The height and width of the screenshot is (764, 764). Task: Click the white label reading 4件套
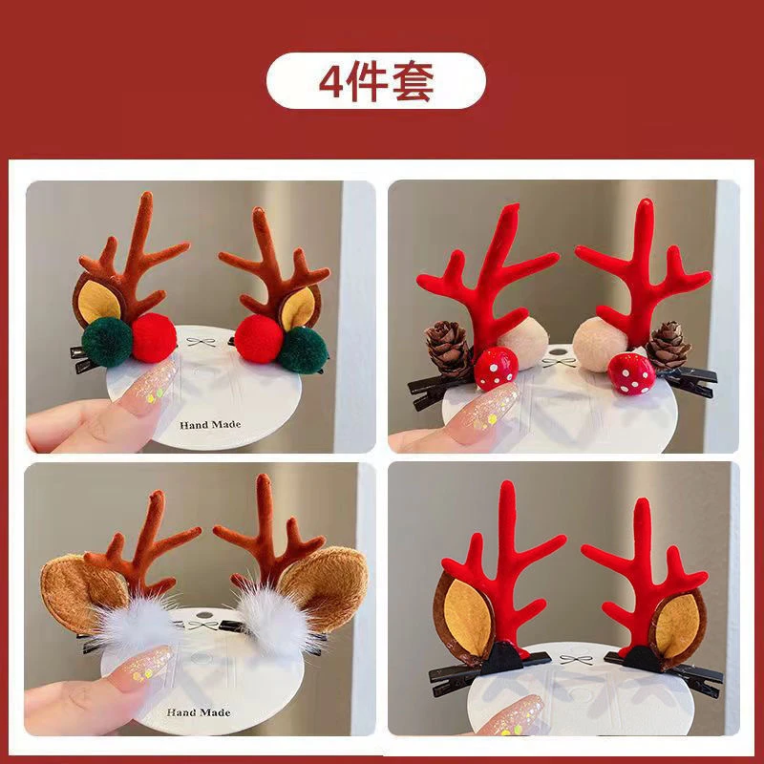tap(376, 81)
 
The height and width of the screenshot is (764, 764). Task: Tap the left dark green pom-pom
tap(107, 342)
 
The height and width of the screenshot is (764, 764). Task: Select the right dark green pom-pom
tap(303, 350)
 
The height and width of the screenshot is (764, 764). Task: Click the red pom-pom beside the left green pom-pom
tap(154, 338)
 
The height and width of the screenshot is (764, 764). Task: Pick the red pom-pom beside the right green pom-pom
tap(259, 339)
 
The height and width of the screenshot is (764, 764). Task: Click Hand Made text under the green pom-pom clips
tap(210, 425)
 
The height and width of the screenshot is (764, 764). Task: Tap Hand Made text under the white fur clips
tap(199, 712)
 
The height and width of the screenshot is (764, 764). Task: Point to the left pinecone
tap(448, 349)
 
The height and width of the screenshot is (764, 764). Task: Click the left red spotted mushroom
tap(496, 369)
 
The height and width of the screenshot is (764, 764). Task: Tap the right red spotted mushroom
tap(631, 374)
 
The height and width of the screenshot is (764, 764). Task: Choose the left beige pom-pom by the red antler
tap(523, 344)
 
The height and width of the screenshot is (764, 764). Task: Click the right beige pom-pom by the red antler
tap(599, 344)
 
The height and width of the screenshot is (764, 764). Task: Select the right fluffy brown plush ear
tap(325, 588)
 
